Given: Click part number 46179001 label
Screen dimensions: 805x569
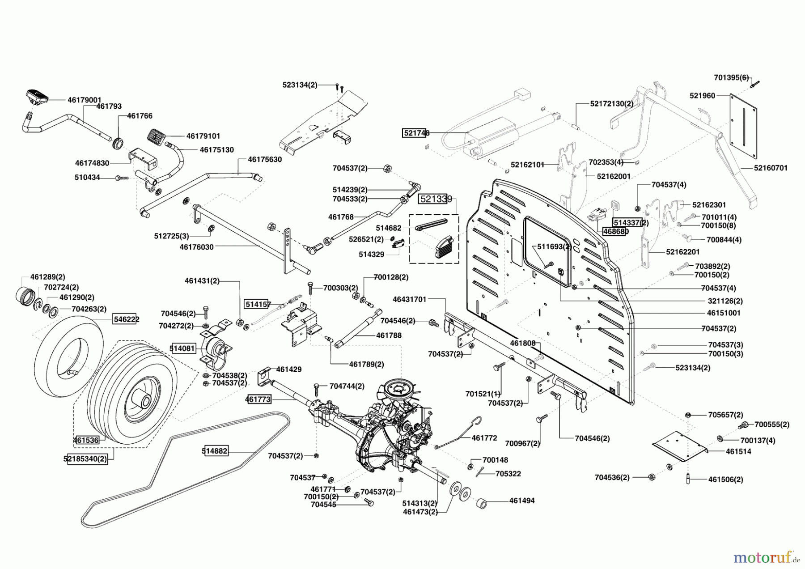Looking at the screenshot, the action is tap(85, 100).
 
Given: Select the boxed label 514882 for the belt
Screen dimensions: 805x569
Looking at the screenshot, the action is tap(215, 451).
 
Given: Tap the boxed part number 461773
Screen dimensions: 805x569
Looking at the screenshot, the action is tap(258, 399).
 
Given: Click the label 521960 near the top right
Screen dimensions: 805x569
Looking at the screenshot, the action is tap(702, 95).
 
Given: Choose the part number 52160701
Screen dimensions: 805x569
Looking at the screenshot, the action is tap(771, 168).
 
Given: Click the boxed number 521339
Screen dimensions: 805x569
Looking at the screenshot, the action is tap(435, 199).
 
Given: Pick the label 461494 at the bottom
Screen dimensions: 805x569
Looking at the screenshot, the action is tap(522, 501).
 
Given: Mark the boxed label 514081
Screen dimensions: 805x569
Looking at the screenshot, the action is tap(182, 348).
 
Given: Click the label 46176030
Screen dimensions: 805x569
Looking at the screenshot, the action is tap(196, 246).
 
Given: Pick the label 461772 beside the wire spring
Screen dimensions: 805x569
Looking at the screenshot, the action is tap(484, 438).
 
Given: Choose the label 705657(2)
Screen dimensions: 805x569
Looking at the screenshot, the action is tap(726, 414).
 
